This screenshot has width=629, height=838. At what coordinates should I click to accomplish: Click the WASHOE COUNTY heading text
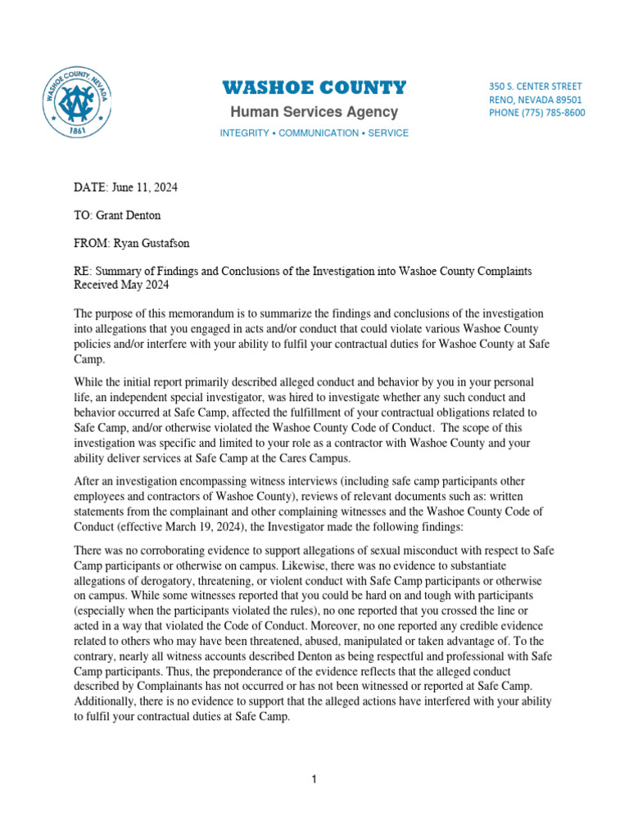[314, 88]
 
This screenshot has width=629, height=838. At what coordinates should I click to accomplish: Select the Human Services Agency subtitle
[314, 112]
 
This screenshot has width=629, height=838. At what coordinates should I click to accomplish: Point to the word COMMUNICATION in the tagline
[317, 133]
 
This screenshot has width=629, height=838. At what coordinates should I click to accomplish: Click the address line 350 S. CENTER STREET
[536, 86]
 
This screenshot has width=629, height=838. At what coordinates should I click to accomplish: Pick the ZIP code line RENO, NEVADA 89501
[536, 99]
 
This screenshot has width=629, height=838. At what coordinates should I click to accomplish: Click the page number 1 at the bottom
[314, 780]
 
